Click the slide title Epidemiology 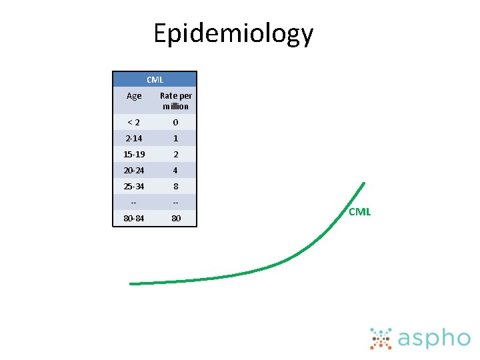coord(233,33)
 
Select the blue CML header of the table coord(155,79)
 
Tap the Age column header coord(134,96)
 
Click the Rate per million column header coord(176,101)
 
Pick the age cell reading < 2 coord(134,123)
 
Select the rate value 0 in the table coord(176,123)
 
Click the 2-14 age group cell coord(134,139)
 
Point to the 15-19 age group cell coord(134,155)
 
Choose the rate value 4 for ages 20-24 coord(176,171)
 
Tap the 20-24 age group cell coord(134,171)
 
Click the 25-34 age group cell coord(134,187)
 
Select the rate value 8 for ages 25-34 coord(176,187)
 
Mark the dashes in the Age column coord(134,203)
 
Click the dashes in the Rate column coord(176,203)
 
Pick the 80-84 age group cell coord(134,219)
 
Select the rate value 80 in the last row coord(176,219)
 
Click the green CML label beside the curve coord(359,212)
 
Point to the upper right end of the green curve coord(363,183)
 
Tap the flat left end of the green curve coord(132,283)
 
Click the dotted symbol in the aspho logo coord(381,339)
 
